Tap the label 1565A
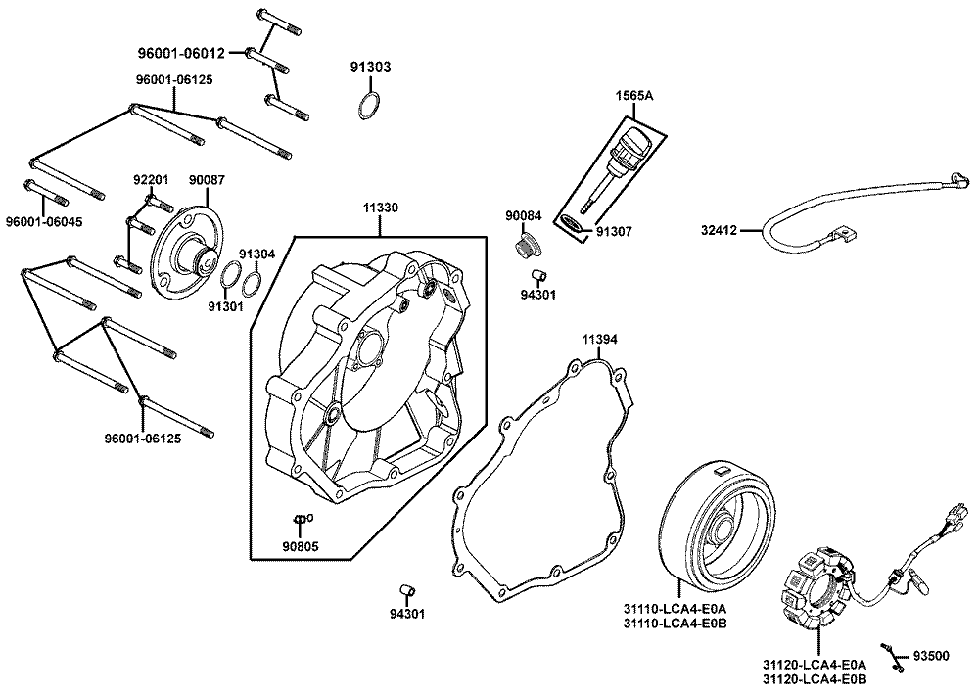(633, 96)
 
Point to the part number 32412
(719, 232)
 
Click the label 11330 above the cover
(383, 208)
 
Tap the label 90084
(525, 215)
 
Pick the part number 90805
(301, 546)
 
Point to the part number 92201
(152, 180)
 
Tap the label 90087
(207, 180)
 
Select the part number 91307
(616, 232)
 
